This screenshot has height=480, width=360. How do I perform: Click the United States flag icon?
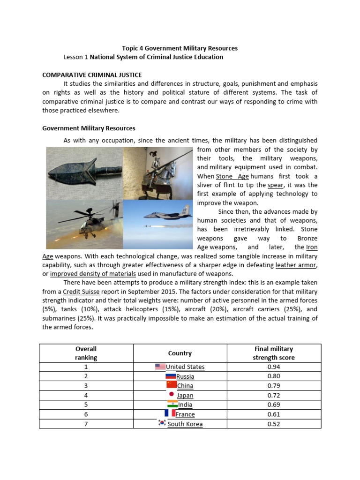point(160,367)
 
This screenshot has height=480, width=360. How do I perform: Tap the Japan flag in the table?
point(172,394)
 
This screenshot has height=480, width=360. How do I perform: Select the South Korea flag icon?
point(162,423)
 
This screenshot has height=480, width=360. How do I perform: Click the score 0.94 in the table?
point(274,367)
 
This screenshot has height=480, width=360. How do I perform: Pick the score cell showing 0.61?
point(274,414)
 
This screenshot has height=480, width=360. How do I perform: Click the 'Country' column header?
point(180,353)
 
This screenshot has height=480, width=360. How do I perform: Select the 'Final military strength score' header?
point(274,353)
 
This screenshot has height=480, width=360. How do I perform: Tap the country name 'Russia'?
point(185,376)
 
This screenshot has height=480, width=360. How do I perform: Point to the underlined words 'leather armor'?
point(296,265)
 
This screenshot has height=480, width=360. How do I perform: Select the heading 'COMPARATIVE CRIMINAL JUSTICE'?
point(92,75)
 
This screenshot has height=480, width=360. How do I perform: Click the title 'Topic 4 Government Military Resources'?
point(180,48)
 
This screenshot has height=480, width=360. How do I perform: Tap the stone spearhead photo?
point(84,172)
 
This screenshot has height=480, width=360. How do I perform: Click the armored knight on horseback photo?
point(157,172)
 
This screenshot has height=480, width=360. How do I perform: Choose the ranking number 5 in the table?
point(86,405)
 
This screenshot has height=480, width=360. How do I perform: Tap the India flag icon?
point(172,404)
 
